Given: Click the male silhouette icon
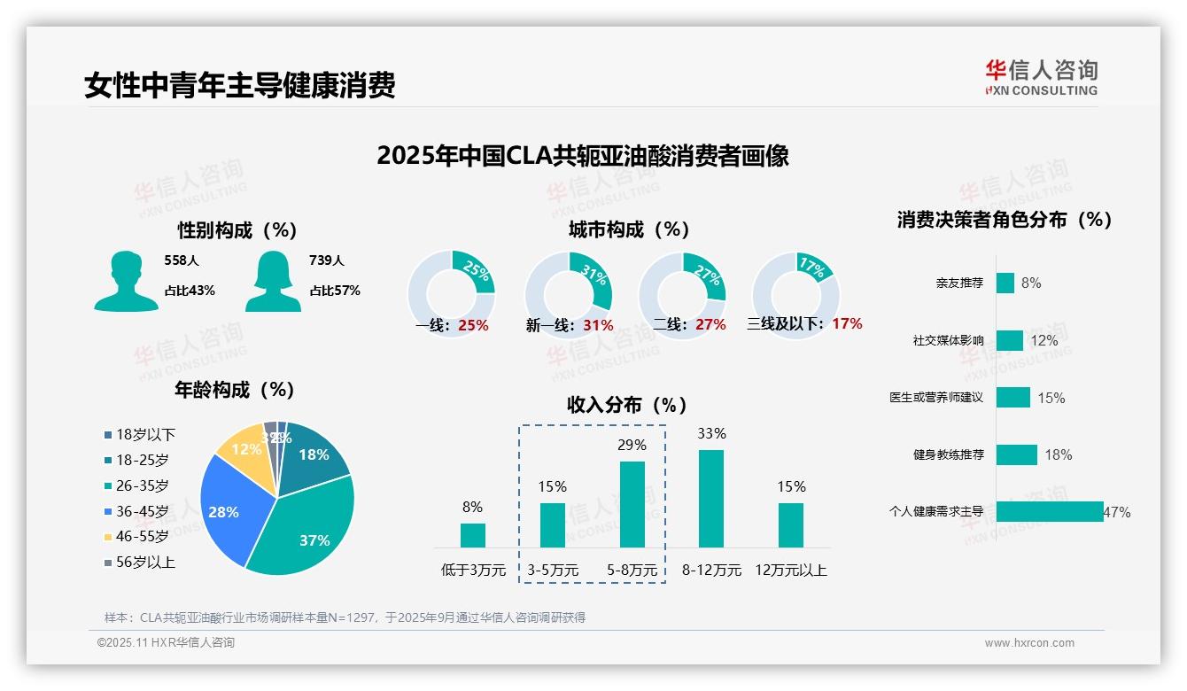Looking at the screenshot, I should (126, 281).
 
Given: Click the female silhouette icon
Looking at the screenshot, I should (273, 281).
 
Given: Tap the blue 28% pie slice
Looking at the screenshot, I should (226, 509).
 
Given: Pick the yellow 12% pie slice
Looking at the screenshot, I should (243, 452).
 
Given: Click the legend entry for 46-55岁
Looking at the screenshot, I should (142, 537).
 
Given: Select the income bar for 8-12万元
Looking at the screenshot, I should (711, 499).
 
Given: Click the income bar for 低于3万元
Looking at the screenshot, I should (472, 535).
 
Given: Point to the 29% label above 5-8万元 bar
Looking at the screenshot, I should (632, 445).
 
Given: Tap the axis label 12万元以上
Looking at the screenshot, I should (790, 571).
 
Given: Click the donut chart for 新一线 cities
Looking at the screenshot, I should (568, 294).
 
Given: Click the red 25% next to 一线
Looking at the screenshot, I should (473, 325).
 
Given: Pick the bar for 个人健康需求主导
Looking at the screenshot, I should (1049, 511).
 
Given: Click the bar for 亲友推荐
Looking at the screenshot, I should (1005, 283).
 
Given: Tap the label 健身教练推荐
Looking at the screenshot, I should (948, 454).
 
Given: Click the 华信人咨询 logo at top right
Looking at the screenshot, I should (1041, 77).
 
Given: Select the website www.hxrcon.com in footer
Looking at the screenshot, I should (1029, 643).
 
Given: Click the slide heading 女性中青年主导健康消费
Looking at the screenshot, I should (239, 86).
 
